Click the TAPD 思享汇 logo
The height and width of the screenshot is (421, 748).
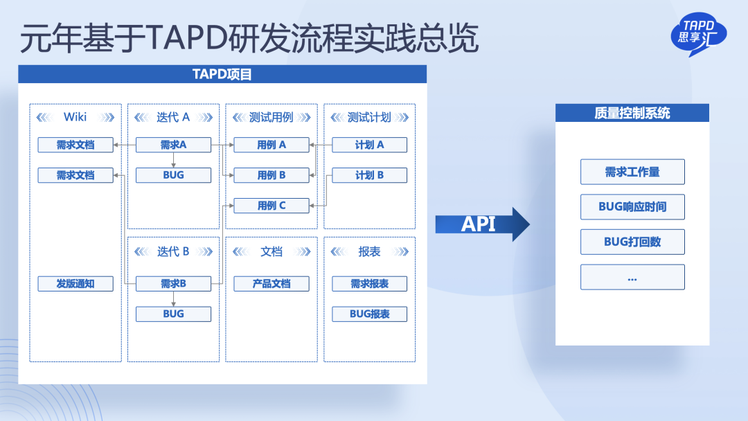tap(698, 34)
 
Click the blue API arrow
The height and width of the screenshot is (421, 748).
tap(482, 224)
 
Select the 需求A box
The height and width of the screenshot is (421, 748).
tap(173, 145)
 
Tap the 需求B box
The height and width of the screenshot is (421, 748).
tap(173, 284)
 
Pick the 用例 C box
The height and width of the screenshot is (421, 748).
tap(271, 206)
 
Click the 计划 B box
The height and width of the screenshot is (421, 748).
tap(369, 175)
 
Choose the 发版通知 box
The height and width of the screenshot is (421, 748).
tap(75, 284)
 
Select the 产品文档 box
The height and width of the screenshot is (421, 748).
tap(271, 284)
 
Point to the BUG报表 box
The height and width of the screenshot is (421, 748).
tap(369, 314)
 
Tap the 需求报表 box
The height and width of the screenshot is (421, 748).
tap(369, 284)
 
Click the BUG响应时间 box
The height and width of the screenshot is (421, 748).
tap(632, 207)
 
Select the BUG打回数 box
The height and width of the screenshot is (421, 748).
tap(632, 242)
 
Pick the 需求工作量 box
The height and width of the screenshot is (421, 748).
tap(632, 172)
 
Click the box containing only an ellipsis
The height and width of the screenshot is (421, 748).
tap(632, 277)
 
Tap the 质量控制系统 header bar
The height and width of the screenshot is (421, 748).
tap(632, 113)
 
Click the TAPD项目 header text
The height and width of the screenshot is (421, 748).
tap(222, 74)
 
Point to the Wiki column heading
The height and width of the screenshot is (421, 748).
tap(75, 117)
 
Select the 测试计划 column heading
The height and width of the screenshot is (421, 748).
tap(369, 117)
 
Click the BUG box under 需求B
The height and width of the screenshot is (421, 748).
tap(173, 314)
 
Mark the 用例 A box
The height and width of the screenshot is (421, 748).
tap(271, 145)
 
